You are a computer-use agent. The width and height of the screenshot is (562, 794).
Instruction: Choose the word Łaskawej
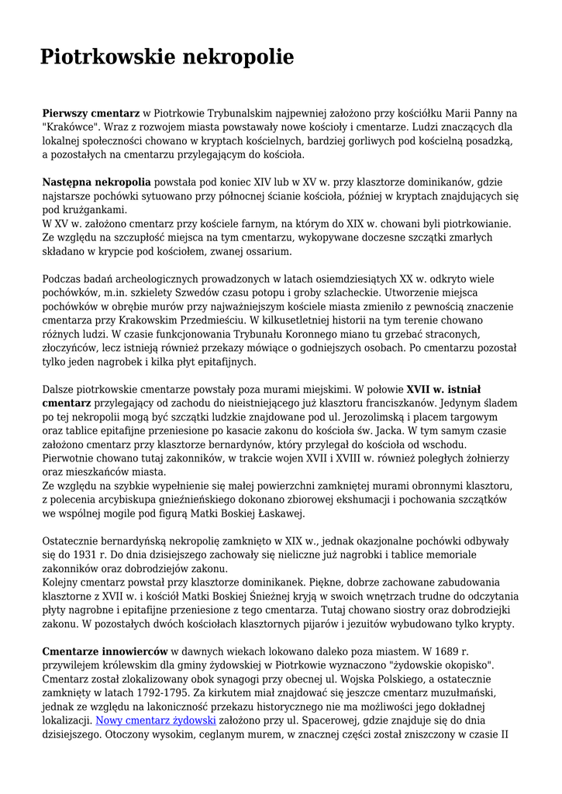(261, 513)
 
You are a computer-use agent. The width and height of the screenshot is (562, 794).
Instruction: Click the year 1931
(112, 555)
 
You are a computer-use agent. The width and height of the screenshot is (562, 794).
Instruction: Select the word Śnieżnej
(323, 596)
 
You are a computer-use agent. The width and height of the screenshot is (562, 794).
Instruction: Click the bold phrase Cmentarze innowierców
(105, 652)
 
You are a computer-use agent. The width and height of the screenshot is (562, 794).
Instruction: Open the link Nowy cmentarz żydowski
(155, 721)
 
